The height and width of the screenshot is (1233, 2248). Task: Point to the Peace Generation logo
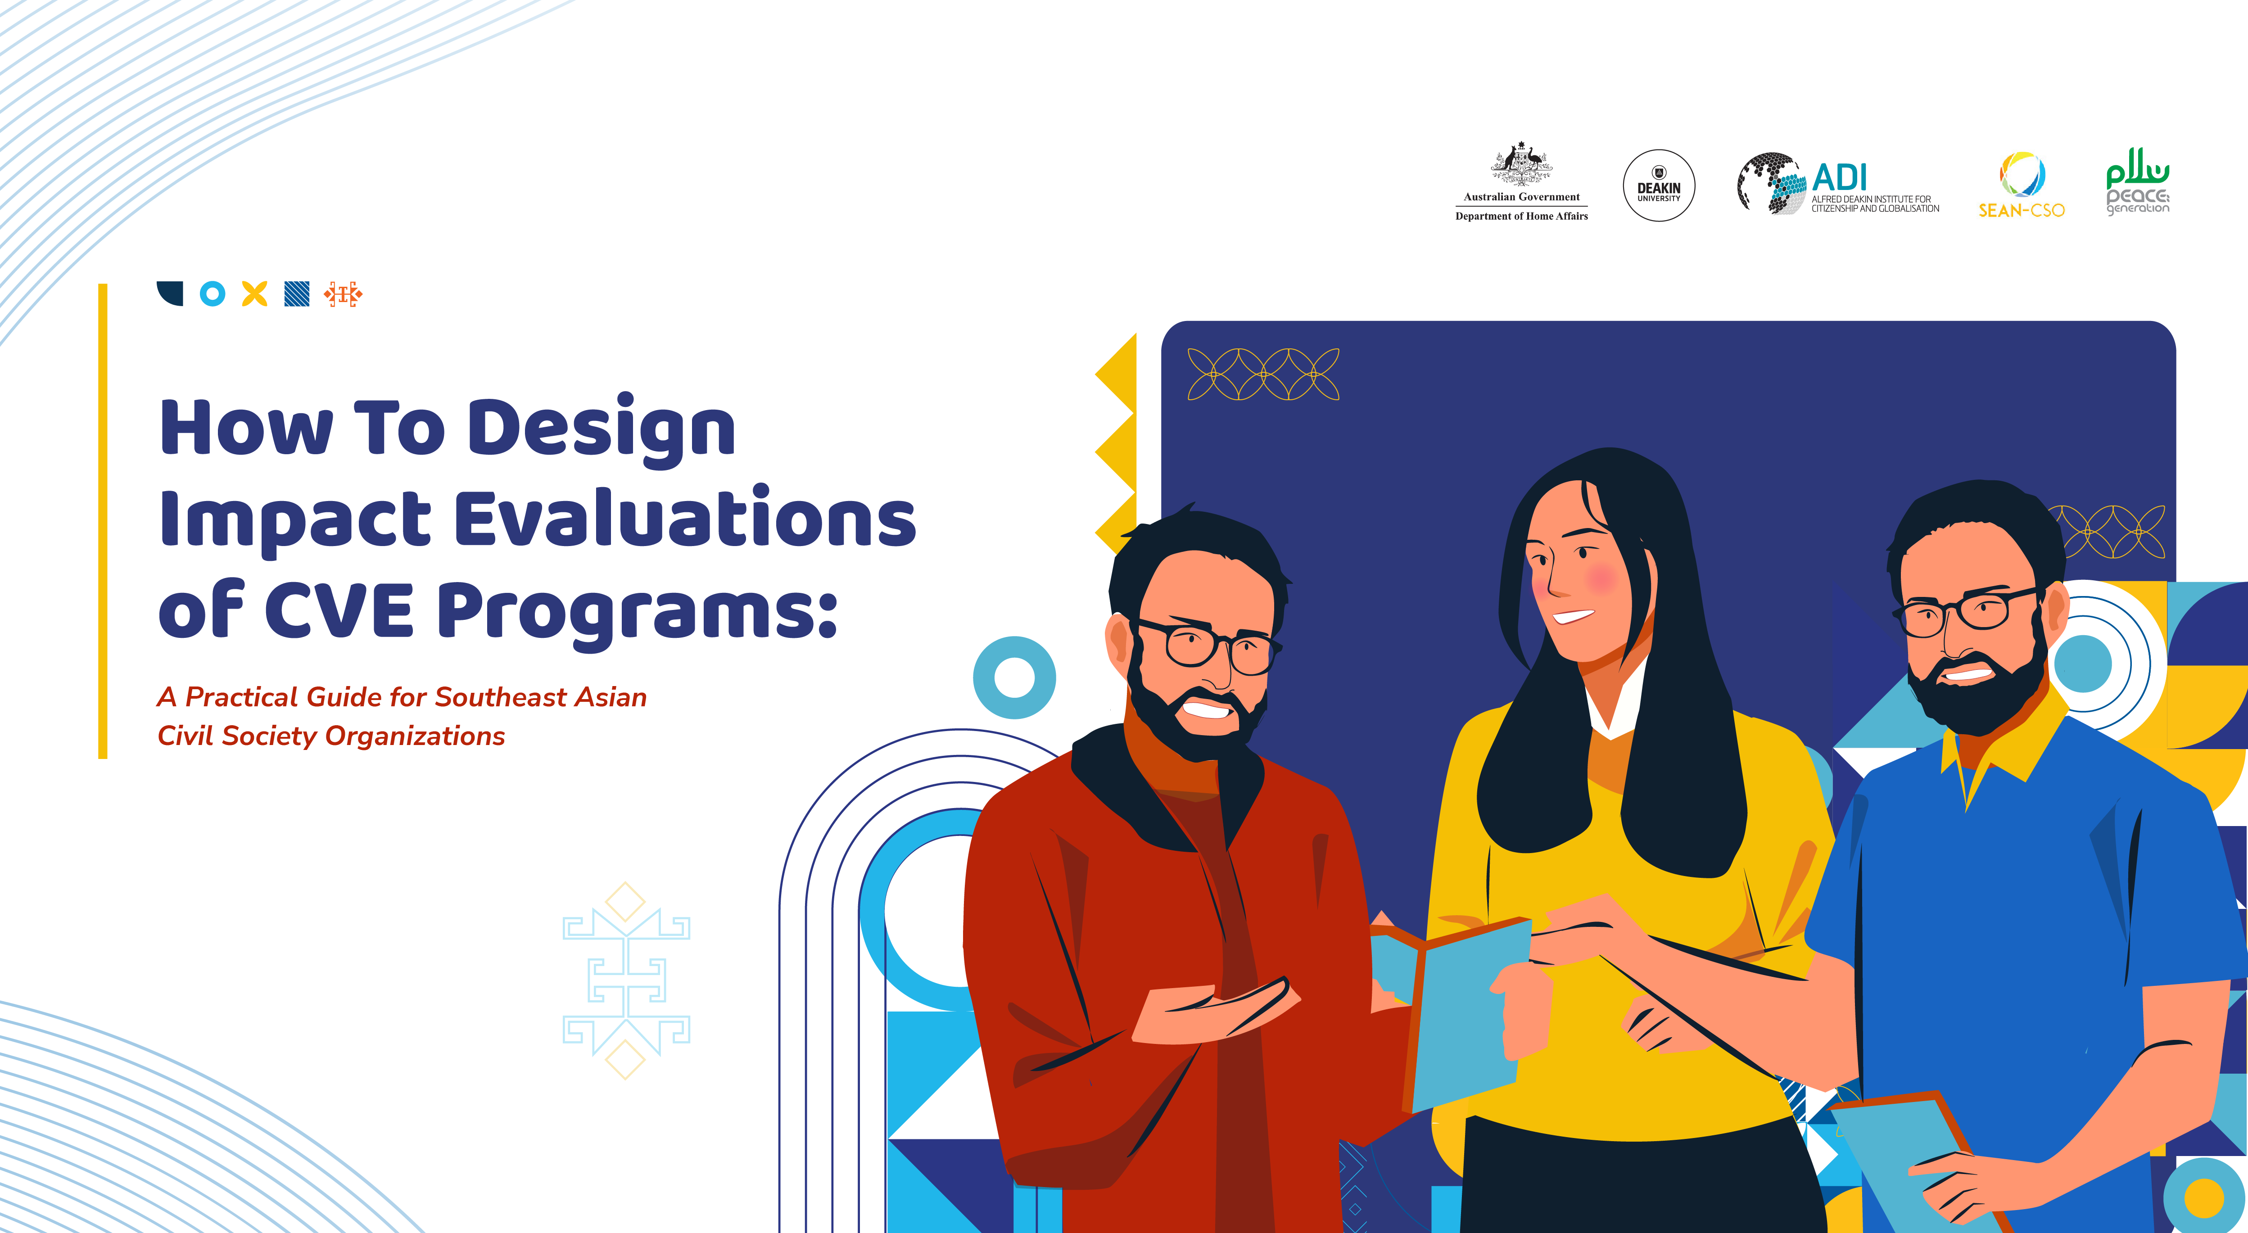click(2137, 181)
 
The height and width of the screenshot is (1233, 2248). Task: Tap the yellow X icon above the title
click(254, 294)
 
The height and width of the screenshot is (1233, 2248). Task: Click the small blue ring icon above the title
click(212, 294)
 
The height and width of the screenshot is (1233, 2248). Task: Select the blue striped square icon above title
click(297, 294)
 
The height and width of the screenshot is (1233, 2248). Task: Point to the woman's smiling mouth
click(1574, 617)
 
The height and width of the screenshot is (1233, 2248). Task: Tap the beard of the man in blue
click(1977, 698)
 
